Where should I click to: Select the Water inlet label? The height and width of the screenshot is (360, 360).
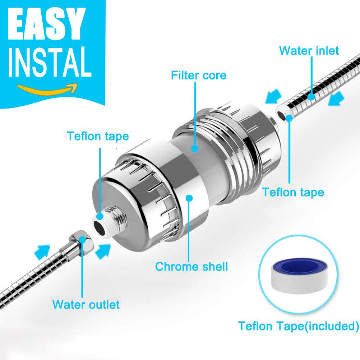point(309,51)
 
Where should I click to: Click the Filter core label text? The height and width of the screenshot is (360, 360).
point(199,75)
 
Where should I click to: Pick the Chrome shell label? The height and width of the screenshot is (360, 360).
point(191,267)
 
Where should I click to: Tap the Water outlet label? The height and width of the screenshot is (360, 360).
point(86,305)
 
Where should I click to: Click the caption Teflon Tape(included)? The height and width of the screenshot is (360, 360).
point(299,326)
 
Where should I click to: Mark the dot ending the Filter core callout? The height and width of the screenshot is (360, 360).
point(195,148)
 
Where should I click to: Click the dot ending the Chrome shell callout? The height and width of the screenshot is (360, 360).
point(190,197)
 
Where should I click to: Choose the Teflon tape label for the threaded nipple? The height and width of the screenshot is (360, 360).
point(98,136)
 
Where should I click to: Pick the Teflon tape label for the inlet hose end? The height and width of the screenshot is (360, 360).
point(293,192)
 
